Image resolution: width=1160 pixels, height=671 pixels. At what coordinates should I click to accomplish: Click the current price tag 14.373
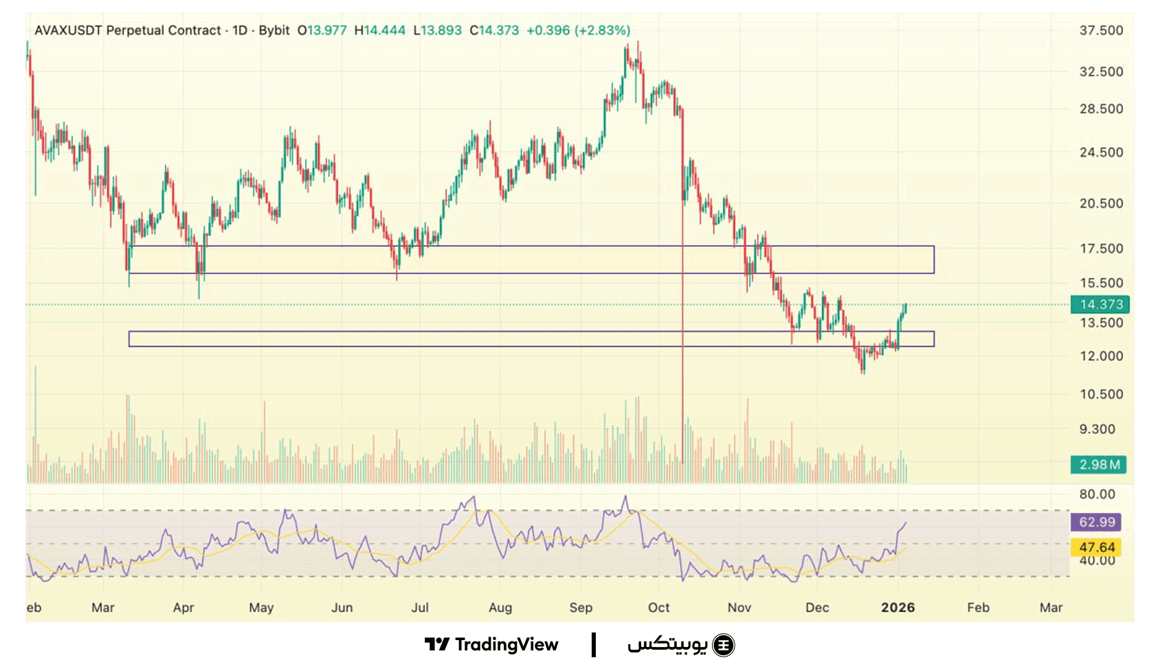pos(1100,305)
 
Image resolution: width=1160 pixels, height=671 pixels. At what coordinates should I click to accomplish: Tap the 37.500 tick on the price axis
pos(1101,30)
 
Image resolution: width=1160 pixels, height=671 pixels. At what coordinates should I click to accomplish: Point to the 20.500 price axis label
pos(1101,203)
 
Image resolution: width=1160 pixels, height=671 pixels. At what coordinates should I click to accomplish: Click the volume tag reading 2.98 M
pos(1098,465)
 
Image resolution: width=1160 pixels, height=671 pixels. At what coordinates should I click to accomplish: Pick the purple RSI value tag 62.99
pos(1096,522)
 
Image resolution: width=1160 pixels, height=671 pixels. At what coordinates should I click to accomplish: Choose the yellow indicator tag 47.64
pos(1096,547)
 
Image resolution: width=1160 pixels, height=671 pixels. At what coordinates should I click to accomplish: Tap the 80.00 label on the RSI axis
pos(1097,494)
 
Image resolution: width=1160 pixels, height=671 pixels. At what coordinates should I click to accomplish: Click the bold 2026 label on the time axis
pos(897,608)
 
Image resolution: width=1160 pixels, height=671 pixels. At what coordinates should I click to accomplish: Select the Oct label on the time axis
pos(658,608)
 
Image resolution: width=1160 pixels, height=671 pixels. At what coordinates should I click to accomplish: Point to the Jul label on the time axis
pos(419,608)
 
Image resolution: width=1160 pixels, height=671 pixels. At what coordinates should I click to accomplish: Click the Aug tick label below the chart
pos(500,608)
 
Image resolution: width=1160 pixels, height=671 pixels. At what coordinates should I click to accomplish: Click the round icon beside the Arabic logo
pos(724,645)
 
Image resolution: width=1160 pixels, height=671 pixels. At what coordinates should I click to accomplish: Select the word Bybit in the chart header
pos(274,30)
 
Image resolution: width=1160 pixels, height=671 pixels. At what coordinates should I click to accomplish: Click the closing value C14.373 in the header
pos(494,30)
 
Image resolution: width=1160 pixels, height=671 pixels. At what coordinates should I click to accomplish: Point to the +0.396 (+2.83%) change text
pos(578,30)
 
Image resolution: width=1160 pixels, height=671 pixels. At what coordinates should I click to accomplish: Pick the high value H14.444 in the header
pos(380,30)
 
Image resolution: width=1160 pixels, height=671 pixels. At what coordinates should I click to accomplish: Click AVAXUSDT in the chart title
pos(69,30)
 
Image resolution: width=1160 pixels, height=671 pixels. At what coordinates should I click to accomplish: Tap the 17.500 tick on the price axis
pos(1101,249)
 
